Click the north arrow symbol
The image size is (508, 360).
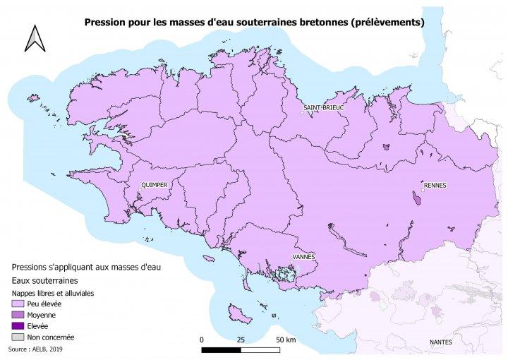(x=33, y=38)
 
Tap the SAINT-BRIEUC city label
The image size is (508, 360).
(x=323, y=107)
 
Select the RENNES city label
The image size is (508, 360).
(x=435, y=185)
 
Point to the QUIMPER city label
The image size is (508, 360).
(x=155, y=185)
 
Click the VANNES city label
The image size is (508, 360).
(x=303, y=257)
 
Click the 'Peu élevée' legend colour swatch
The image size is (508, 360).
(x=17, y=303)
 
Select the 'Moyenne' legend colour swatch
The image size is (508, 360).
(x=17, y=314)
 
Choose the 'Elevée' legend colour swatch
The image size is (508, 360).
(x=17, y=326)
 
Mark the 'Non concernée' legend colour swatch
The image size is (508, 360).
(x=17, y=337)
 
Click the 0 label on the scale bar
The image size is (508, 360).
(x=202, y=340)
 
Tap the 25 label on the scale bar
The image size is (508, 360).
(x=241, y=340)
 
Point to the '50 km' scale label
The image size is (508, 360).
(x=285, y=340)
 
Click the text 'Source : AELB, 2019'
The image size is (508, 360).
(x=36, y=349)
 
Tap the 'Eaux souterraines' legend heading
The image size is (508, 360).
(x=45, y=280)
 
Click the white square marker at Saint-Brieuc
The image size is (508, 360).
(x=303, y=112)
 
